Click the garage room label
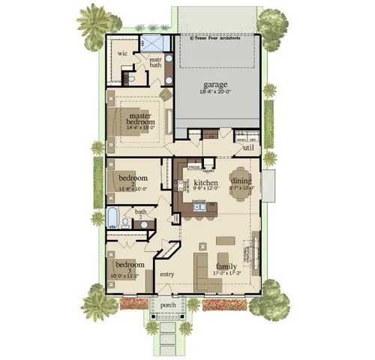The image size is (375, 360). point(214,85)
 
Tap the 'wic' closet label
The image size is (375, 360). point(120,54)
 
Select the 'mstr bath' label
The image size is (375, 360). point(155,62)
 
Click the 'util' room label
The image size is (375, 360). point(248,148)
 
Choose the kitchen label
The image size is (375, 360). point(205,182)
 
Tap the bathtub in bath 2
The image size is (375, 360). point(112,220)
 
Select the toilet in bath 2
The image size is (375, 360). point(125,222)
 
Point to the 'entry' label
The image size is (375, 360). point(166,274)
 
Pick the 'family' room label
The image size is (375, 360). point(226,266)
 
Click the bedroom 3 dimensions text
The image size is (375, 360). point(129,275)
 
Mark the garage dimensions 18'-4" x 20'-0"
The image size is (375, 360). point(214,91)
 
